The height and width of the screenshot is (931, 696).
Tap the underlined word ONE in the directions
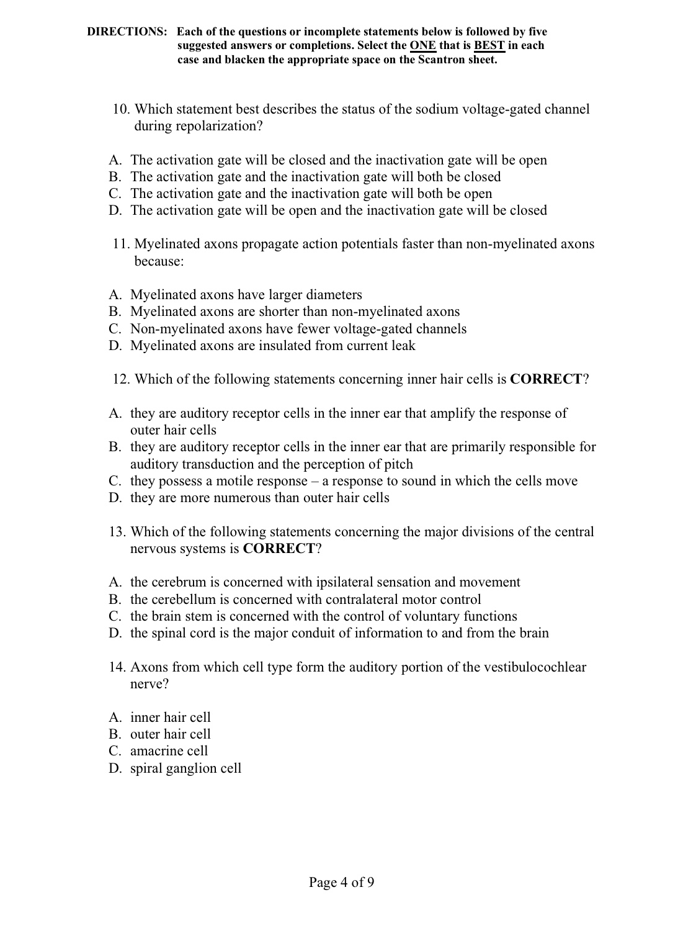pos(422,46)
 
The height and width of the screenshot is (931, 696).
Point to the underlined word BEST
pos(489,46)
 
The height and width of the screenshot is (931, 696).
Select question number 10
pos(121,110)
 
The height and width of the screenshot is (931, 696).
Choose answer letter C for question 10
pos(115,194)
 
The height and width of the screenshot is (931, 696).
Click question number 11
pos(121,245)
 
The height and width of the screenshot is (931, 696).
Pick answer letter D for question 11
pos(115,346)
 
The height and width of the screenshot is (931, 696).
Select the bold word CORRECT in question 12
pos(546,379)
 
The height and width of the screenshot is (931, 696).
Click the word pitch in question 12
pos(397,464)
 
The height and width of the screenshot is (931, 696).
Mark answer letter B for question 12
pos(115,448)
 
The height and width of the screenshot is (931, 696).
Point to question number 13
pos(118,532)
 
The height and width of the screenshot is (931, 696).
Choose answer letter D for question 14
pos(115,768)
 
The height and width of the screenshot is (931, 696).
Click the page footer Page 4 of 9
pos(342,883)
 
